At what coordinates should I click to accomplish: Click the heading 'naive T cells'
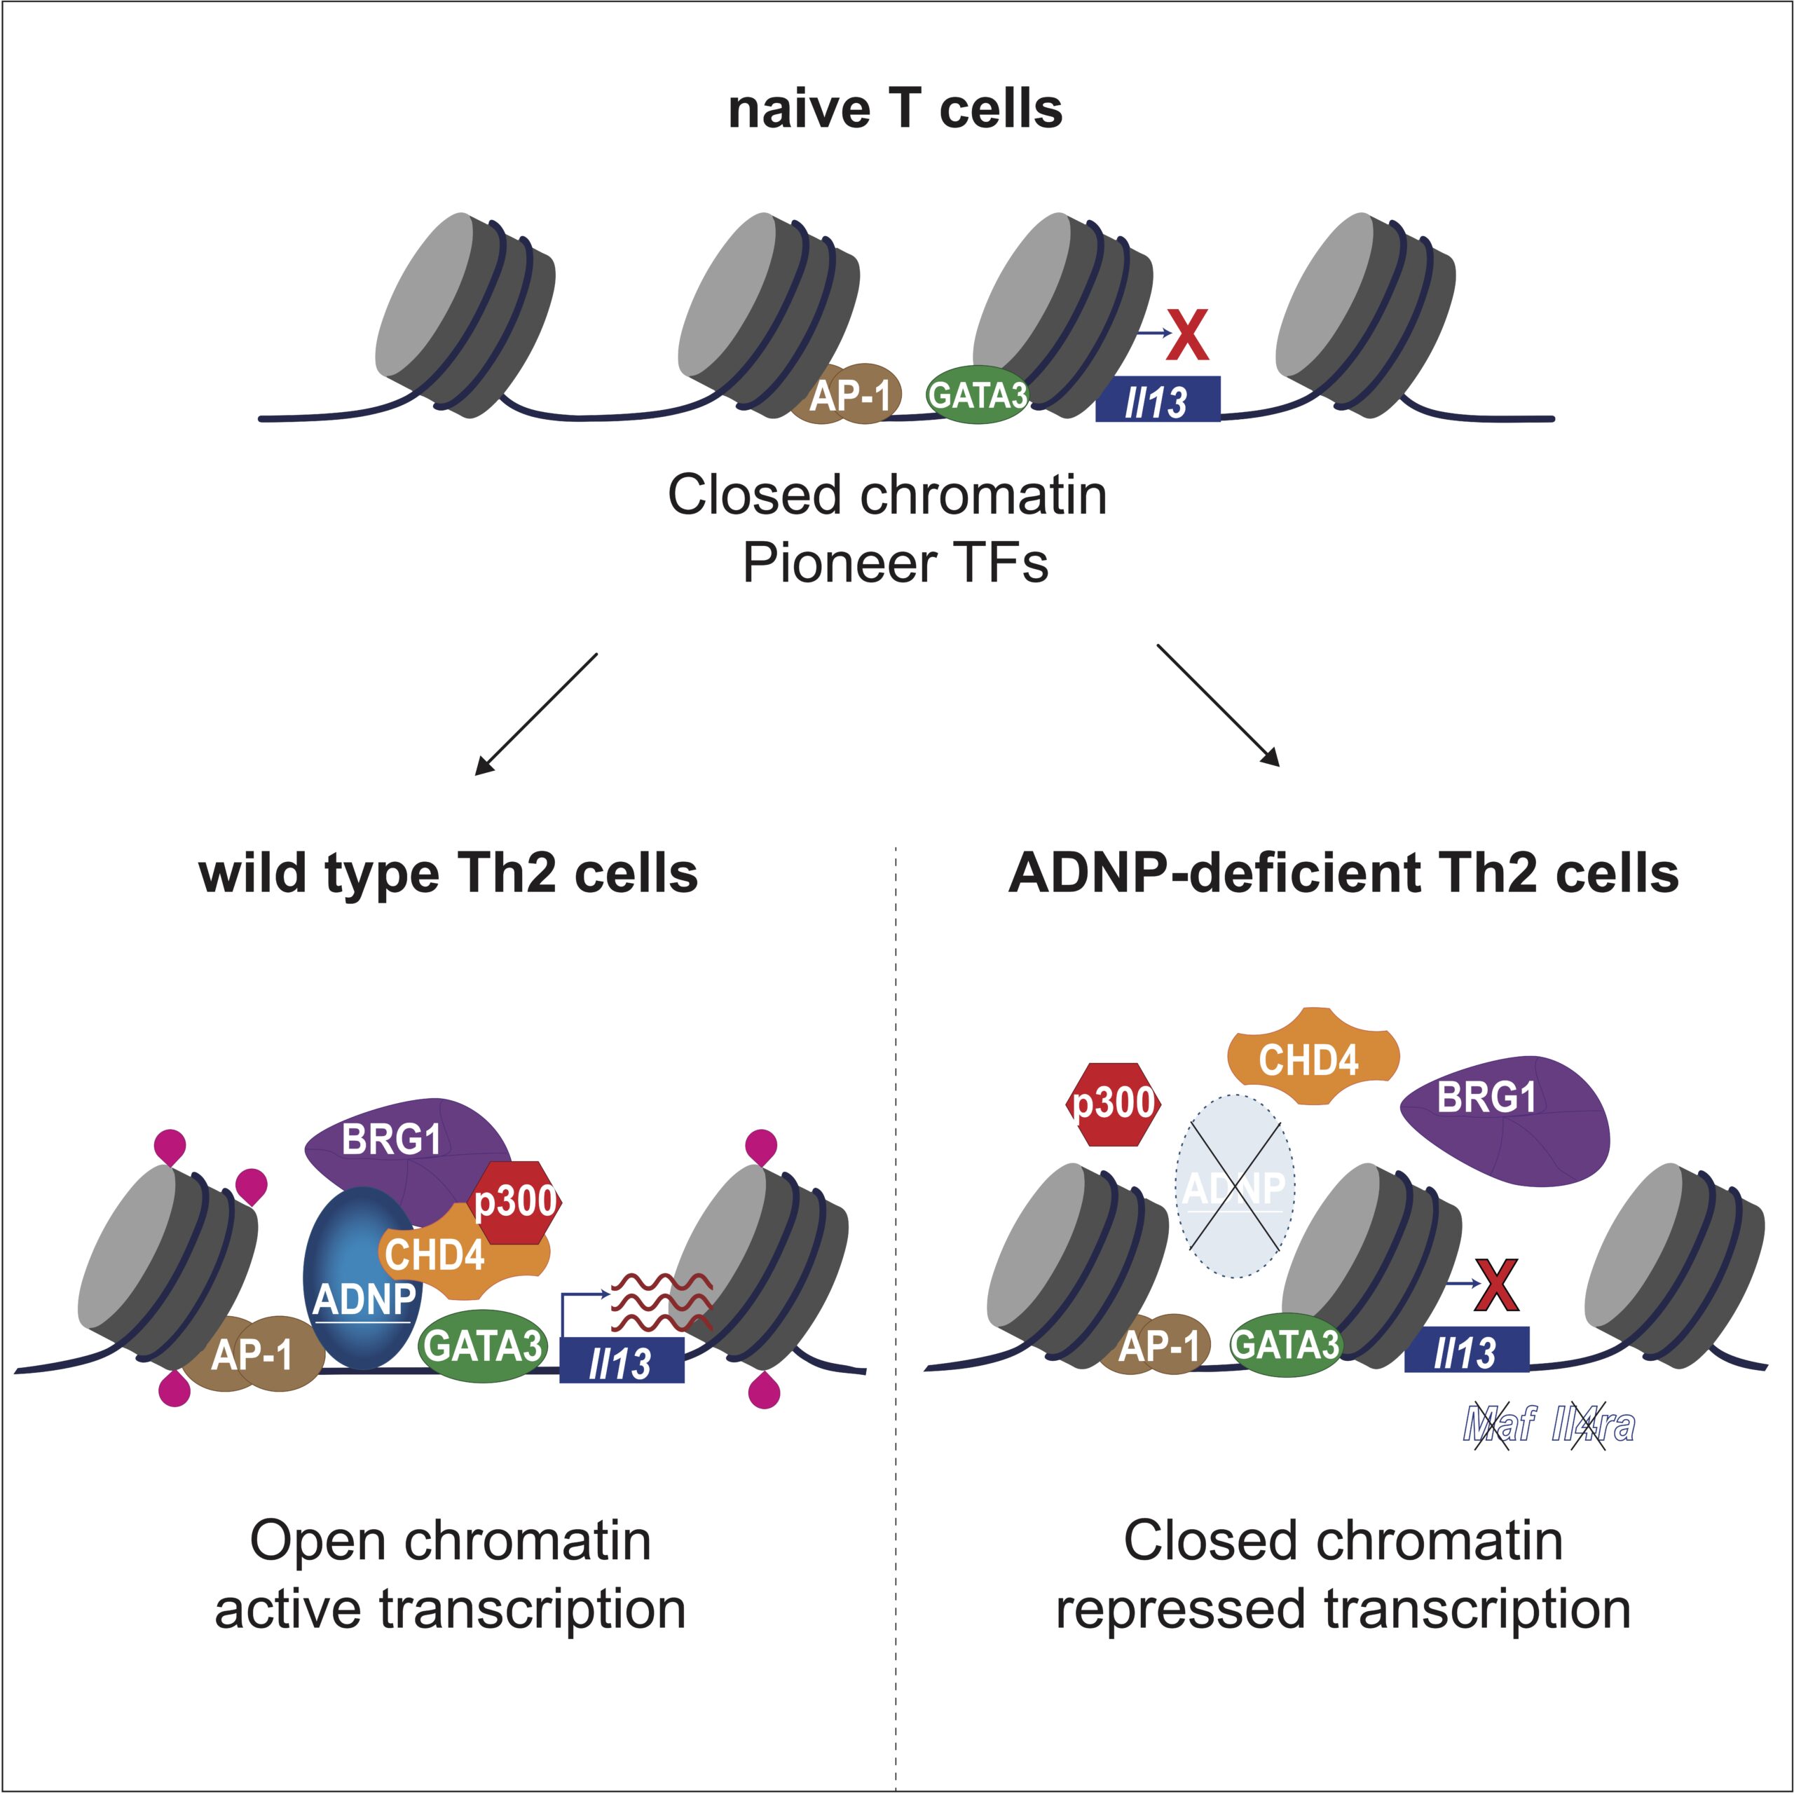coord(895,109)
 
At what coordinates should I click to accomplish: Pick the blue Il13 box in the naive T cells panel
coord(1157,400)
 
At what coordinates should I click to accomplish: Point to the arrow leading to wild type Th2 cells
coord(536,713)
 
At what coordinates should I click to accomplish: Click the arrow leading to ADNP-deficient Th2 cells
coord(1217,705)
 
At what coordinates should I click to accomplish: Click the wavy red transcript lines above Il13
coord(661,1302)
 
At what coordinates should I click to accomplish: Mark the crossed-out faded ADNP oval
coord(1234,1186)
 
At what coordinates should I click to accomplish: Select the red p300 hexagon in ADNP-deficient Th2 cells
coord(1112,1103)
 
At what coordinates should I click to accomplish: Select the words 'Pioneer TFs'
coord(895,563)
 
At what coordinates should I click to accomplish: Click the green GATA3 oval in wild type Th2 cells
coord(483,1345)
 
